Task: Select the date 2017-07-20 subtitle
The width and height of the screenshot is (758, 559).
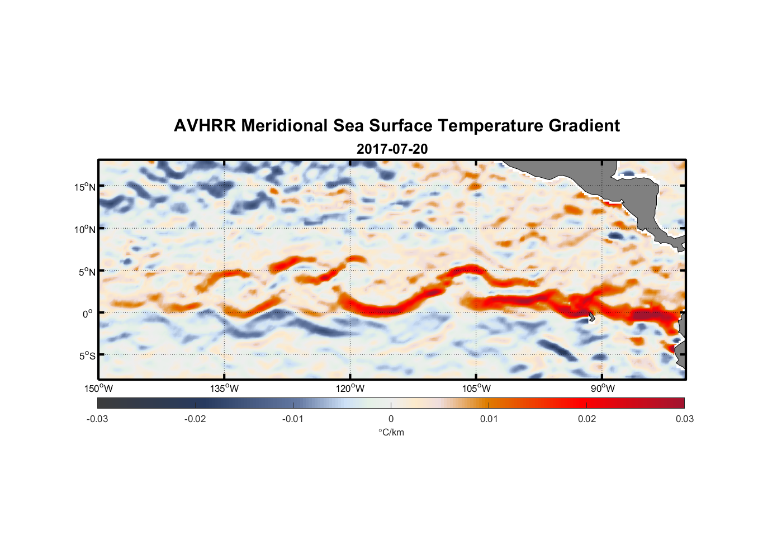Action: pos(392,149)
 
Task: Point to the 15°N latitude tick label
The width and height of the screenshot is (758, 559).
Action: pos(85,187)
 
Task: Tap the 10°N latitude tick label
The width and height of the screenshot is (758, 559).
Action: pos(85,229)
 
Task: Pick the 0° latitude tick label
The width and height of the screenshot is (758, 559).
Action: pos(87,314)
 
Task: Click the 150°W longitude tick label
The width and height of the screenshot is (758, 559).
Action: pos(98,389)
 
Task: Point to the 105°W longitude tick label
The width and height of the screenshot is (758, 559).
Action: pos(476,389)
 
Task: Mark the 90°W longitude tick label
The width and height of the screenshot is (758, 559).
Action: pos(603,389)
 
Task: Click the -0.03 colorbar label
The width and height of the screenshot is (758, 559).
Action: pos(97,419)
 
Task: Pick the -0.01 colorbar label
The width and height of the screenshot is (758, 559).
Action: pos(293,419)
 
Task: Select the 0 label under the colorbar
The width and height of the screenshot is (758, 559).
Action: pos(391,419)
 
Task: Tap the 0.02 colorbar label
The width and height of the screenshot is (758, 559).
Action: pos(587,419)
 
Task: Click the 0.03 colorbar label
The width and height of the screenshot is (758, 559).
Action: pos(684,419)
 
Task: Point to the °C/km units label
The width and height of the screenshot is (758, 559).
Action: pos(391,432)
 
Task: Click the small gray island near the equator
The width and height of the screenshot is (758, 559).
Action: pos(591,317)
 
